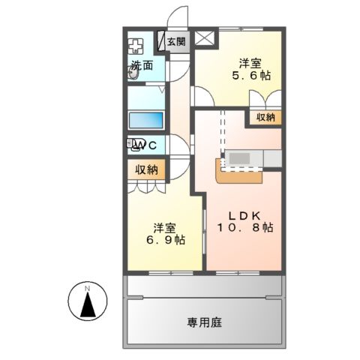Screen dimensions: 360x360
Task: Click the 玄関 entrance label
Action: pyautogui.click(x=177, y=42)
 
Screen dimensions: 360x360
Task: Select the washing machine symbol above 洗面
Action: pyautogui.click(x=135, y=44)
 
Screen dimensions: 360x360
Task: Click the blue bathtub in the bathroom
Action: pyautogui.click(x=145, y=119)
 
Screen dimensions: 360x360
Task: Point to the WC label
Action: pyautogui.click(x=148, y=145)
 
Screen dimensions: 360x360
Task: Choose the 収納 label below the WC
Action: pyautogui.click(x=146, y=169)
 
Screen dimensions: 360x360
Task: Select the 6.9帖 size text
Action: pyautogui.click(x=166, y=241)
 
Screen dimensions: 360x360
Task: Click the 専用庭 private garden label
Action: pyautogui.click(x=204, y=322)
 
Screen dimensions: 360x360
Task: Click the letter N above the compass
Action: pyautogui.click(x=88, y=289)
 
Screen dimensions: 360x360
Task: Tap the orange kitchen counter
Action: pyautogui.click(x=236, y=175)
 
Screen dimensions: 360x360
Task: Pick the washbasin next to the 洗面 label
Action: pyautogui.click(x=132, y=77)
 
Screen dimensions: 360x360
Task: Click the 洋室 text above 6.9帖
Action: pyautogui.click(x=166, y=227)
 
